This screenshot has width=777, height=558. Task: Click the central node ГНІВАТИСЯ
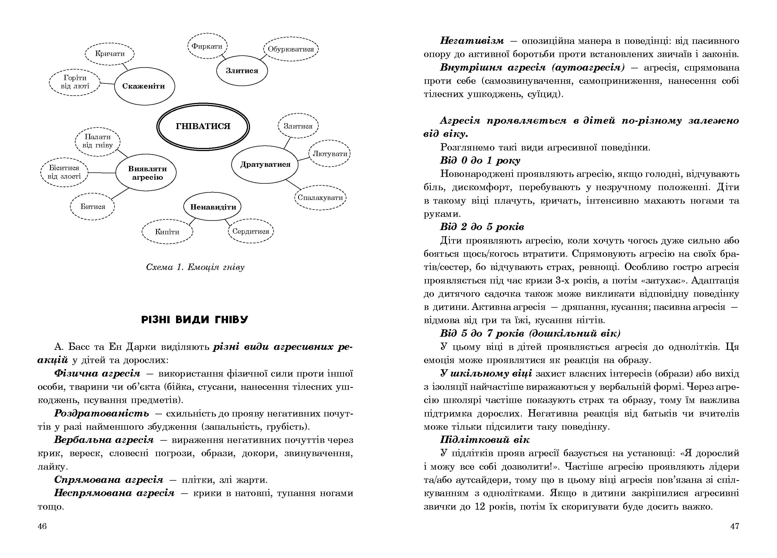tap(203, 126)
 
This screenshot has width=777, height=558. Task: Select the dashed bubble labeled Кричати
tap(110, 54)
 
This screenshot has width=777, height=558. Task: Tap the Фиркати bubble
tap(207, 46)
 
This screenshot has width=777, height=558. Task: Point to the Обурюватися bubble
tap(291, 49)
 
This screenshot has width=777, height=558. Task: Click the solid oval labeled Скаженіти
tap(144, 86)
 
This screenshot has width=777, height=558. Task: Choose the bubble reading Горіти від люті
tap(75, 82)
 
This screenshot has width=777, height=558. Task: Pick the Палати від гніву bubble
tap(98, 141)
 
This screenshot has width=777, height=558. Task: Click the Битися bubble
tap(93, 206)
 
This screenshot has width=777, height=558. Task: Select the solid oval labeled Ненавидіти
tap(213, 207)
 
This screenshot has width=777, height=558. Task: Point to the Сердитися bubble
tap(251, 231)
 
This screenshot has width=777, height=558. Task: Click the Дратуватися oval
tap(265, 165)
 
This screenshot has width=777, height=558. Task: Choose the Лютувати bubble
tap(330, 154)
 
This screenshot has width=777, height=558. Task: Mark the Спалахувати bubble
tap(320, 198)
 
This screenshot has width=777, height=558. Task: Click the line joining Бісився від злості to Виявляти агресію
tap(102, 173)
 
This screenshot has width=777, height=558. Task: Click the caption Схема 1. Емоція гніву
tap(195, 267)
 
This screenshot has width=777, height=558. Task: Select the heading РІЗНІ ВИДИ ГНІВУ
tap(195, 320)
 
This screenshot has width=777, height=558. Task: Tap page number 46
tap(42, 526)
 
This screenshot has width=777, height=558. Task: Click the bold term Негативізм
tap(472, 41)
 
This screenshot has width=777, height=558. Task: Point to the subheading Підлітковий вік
tap(485, 440)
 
